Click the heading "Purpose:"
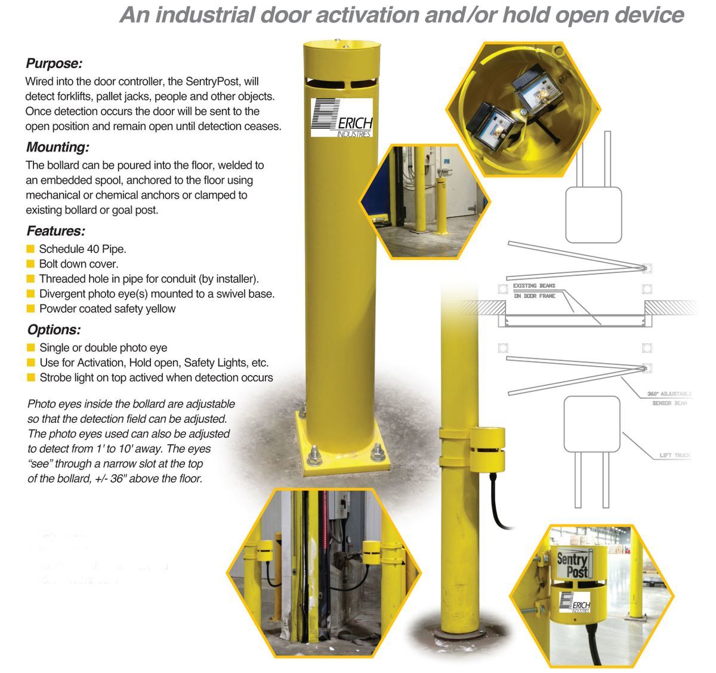[54, 63]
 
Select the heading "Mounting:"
[58, 147]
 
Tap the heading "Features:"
[56, 231]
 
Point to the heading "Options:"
[54, 330]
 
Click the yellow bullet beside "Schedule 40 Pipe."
[30, 249]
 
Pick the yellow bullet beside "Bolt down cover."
[30, 264]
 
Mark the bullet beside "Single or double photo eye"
[30, 348]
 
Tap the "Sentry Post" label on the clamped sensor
[572, 565]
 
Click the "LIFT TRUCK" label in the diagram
[674, 456]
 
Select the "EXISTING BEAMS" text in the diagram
[534, 286]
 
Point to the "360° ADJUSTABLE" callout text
[669, 394]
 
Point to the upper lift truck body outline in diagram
[593, 215]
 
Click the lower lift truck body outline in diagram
[592, 423]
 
